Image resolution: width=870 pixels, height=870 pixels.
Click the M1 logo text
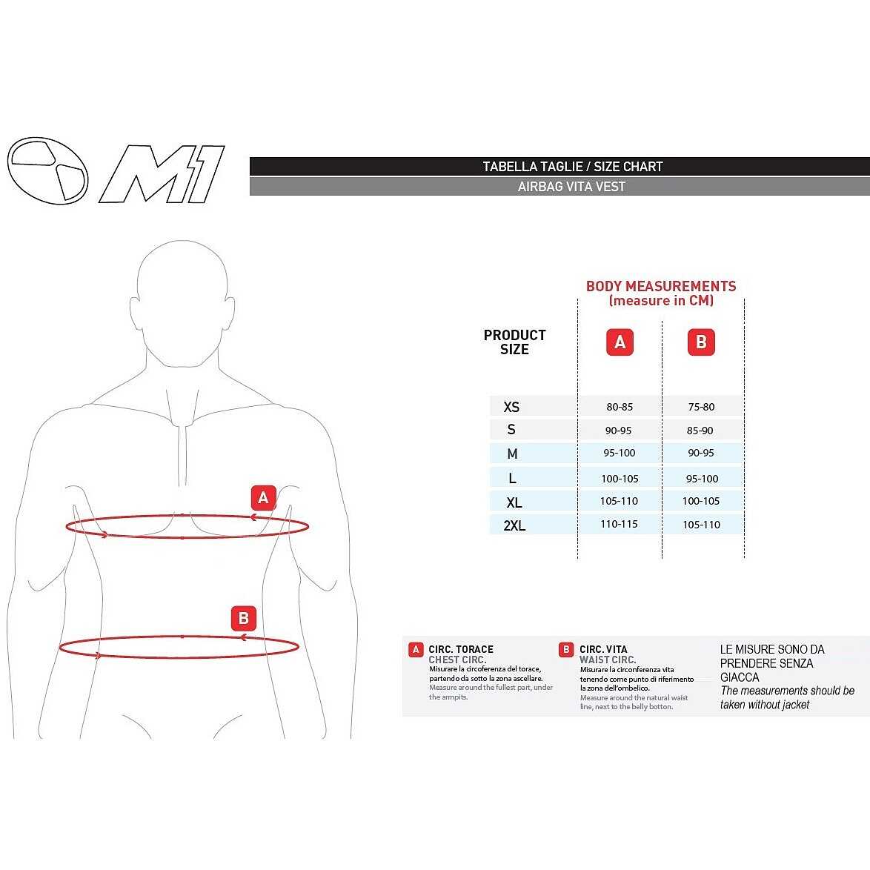pos(162,174)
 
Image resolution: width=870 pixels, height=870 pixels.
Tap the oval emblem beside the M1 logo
pos(47,170)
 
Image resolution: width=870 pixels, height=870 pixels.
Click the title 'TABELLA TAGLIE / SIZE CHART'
pos(573,167)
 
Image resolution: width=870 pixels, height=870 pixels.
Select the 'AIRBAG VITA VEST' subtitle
pos(571,187)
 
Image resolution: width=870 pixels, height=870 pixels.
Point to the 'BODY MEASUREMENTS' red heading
pos(661,286)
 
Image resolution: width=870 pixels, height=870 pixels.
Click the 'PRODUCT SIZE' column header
pos(514,342)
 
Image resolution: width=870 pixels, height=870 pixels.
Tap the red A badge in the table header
pos(620,342)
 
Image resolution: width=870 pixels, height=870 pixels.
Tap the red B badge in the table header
pos(701,342)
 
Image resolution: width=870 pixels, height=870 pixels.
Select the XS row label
pos(511,407)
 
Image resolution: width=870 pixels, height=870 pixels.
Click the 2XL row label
pos(514,525)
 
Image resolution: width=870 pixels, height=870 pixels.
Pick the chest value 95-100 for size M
pos(620,453)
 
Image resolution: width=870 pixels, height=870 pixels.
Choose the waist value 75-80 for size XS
pos(701,407)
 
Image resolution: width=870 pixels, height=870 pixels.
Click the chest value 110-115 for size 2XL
pos(620,524)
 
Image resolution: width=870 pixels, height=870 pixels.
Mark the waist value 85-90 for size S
pos(700,431)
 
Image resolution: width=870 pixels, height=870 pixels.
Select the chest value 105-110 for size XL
pos(620,501)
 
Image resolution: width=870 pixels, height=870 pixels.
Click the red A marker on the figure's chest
pos(264,498)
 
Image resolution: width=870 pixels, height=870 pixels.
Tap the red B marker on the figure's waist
pos(244,618)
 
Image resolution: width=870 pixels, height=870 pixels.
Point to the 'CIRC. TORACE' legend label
pos(460,649)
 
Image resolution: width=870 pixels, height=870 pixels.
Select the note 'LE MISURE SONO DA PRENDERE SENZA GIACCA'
pos(771,663)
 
